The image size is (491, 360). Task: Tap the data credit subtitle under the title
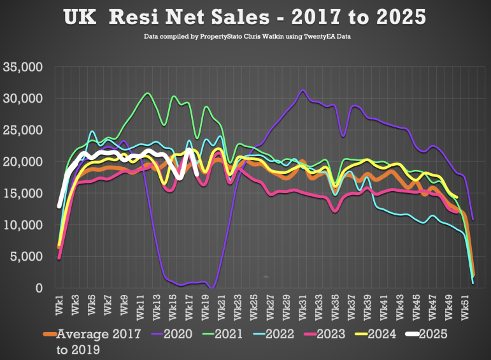(245, 37)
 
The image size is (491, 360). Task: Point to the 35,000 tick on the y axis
(23, 67)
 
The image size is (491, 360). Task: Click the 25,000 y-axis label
(23, 130)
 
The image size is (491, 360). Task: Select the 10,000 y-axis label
(23, 225)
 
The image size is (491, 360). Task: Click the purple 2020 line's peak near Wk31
(302, 90)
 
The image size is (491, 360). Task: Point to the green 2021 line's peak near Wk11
(148, 93)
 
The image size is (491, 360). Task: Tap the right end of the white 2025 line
(197, 173)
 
